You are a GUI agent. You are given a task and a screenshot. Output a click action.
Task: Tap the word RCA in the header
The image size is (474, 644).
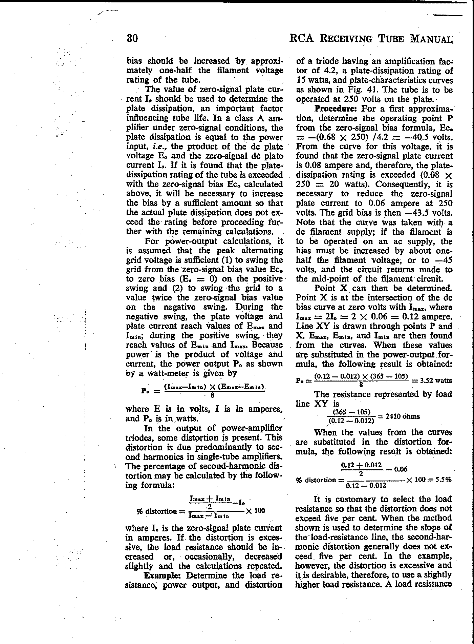tap(302, 38)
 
